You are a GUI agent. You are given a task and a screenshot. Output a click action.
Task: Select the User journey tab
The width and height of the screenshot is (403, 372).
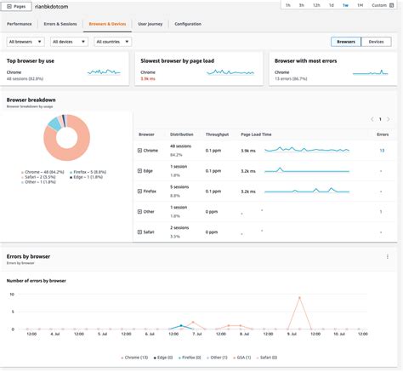tap(150, 24)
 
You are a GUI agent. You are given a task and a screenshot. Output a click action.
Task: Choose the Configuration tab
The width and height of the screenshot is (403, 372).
tap(188, 24)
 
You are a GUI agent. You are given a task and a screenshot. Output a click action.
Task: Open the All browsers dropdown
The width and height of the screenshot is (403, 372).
tap(26, 41)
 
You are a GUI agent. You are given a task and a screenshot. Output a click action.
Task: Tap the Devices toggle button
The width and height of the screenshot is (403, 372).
tap(375, 41)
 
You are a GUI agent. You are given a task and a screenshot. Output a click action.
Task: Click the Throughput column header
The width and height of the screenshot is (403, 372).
tap(217, 134)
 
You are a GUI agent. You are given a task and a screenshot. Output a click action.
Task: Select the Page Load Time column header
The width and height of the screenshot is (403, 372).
tap(256, 134)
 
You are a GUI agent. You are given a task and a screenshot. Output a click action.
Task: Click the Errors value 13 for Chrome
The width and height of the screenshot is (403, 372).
tap(381, 150)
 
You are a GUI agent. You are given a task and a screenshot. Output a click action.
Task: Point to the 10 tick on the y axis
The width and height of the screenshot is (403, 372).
tap(11, 295)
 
